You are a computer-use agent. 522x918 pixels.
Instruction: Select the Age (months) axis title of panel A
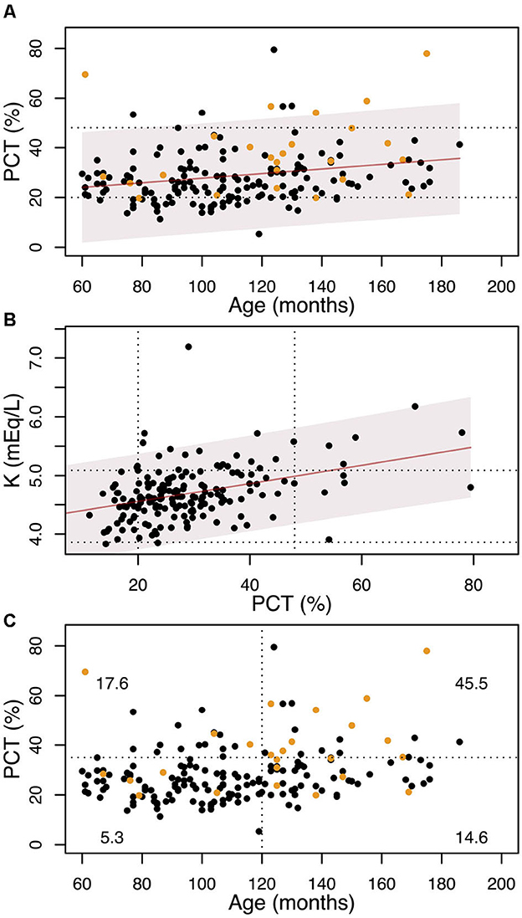(277, 303)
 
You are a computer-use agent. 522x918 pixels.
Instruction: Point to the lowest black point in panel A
(259, 234)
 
